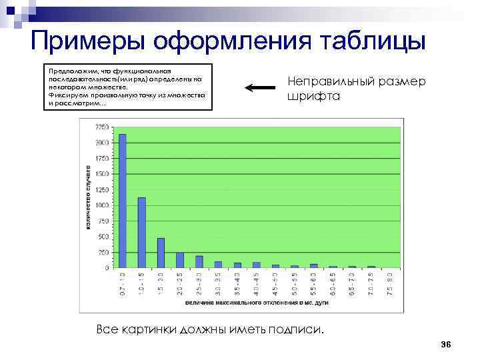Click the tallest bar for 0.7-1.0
(123, 201)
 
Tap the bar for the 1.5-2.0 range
(161, 253)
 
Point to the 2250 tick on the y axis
(103, 127)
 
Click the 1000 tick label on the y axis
(103, 205)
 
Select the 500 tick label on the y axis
(104, 236)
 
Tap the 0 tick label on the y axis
(107, 267)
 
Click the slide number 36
(446, 344)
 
